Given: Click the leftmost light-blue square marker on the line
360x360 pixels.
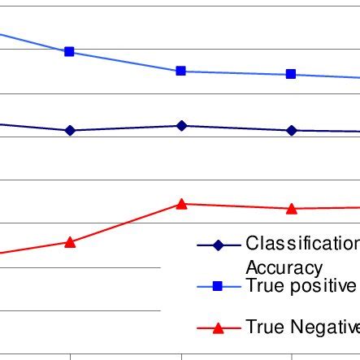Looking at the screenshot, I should coord(69,51).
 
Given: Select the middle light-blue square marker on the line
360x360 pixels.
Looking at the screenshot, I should coord(181,71).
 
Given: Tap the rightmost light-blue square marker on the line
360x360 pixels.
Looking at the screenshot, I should coord(291,74).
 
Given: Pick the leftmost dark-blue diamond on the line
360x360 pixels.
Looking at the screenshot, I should coord(70,130).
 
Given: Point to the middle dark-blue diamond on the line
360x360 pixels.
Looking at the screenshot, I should coord(181,125).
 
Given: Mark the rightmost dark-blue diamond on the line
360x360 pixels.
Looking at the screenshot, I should coord(291,130).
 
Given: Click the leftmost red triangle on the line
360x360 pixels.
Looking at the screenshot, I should coord(70,241).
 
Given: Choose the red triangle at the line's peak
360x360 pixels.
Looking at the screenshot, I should coord(181,204).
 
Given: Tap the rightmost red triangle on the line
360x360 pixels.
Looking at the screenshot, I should coord(291,208).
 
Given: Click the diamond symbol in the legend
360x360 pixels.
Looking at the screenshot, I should coord(218,245).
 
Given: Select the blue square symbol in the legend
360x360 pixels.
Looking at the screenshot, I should coord(218,286).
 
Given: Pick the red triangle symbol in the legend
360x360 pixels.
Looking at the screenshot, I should coord(218,327).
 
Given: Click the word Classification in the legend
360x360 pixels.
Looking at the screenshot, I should coord(301,244).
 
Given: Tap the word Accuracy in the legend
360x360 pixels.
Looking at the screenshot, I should coord(284,267).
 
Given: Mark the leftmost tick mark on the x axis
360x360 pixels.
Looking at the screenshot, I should coord(71,355).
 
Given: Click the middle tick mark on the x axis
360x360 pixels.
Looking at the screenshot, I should coord(181,355).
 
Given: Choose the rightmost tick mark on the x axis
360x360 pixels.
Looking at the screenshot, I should coord(291,355).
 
